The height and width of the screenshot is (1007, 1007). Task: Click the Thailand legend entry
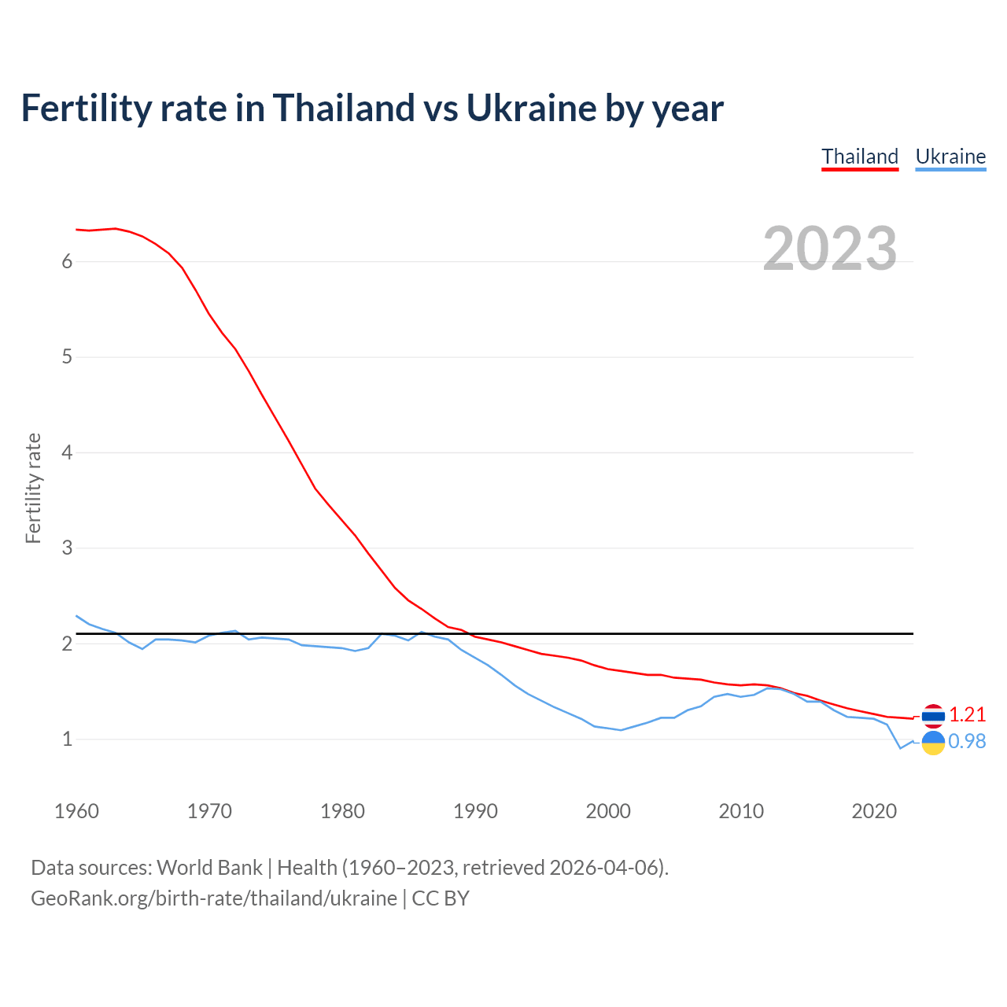[860, 157]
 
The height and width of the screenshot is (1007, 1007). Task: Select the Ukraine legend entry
[950, 157]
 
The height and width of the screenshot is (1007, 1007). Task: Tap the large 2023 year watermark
[830, 249]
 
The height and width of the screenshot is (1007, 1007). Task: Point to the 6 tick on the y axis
[67, 262]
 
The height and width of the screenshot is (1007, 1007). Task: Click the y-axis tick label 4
[67, 453]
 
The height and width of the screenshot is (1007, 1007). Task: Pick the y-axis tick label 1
[67, 740]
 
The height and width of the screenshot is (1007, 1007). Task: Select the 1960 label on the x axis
[76, 811]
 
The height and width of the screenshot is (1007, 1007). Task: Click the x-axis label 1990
[475, 811]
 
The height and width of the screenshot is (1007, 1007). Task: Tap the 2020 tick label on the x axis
[874, 811]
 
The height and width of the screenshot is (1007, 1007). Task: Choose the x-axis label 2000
[608, 811]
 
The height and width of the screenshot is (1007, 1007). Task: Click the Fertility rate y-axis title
[33, 488]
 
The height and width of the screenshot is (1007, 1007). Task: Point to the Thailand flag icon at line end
[933, 715]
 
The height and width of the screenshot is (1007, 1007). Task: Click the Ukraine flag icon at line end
[933, 742]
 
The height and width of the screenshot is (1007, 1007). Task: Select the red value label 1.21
[967, 714]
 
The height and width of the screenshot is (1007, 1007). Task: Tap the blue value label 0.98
[967, 742]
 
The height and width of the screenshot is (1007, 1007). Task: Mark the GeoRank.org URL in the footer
[214, 898]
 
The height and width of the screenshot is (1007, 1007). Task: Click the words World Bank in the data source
[209, 868]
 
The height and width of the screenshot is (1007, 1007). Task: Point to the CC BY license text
[441, 898]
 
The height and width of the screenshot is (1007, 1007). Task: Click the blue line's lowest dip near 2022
[901, 748]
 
